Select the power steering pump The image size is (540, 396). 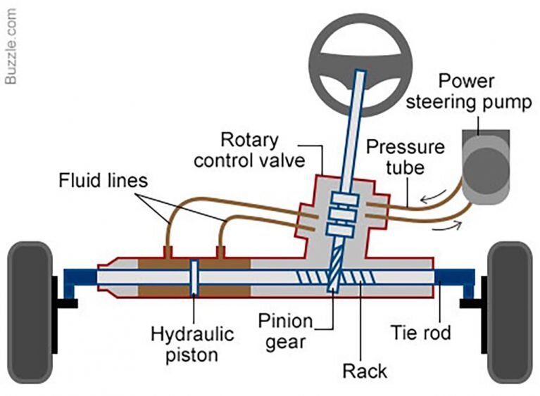[486, 162]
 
